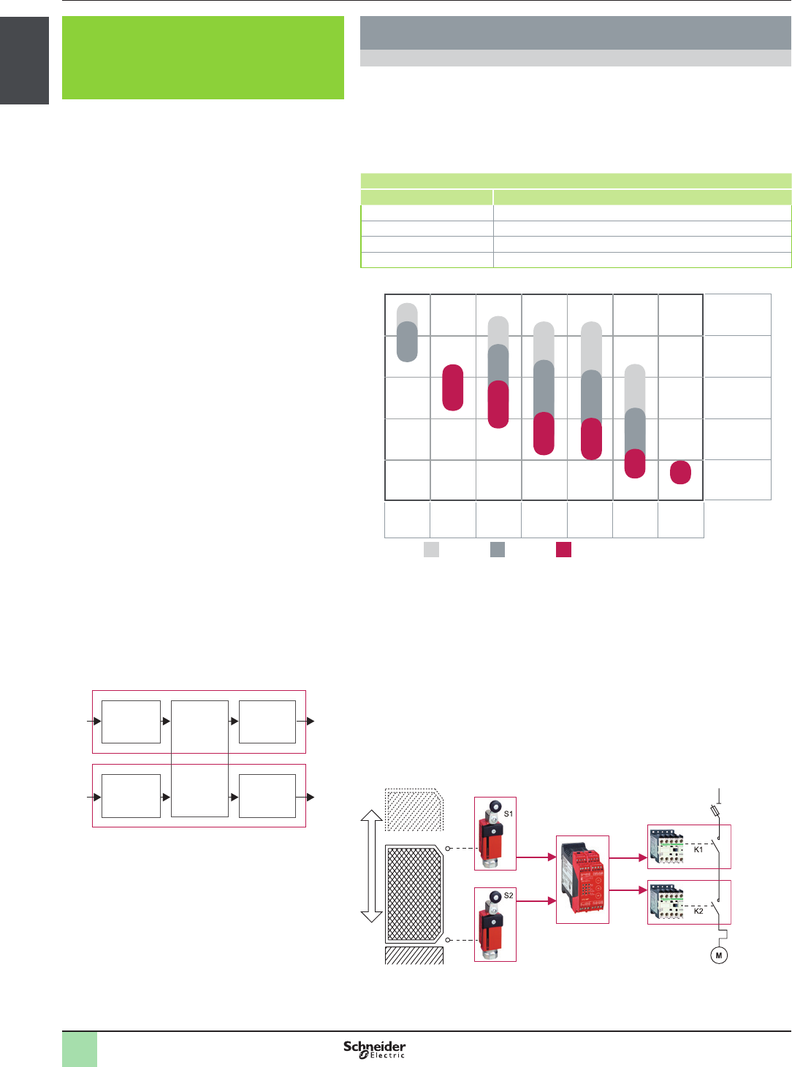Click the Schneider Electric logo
pyautogui.click(x=374, y=1049)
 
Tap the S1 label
pyautogui.click(x=508, y=814)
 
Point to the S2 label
pyautogui.click(x=508, y=895)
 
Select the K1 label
pyautogui.click(x=698, y=849)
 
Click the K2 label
pyautogui.click(x=698, y=911)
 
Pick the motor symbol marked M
pyautogui.click(x=718, y=955)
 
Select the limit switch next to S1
pyautogui.click(x=490, y=834)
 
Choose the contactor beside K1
pyautogui.click(x=666, y=846)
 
